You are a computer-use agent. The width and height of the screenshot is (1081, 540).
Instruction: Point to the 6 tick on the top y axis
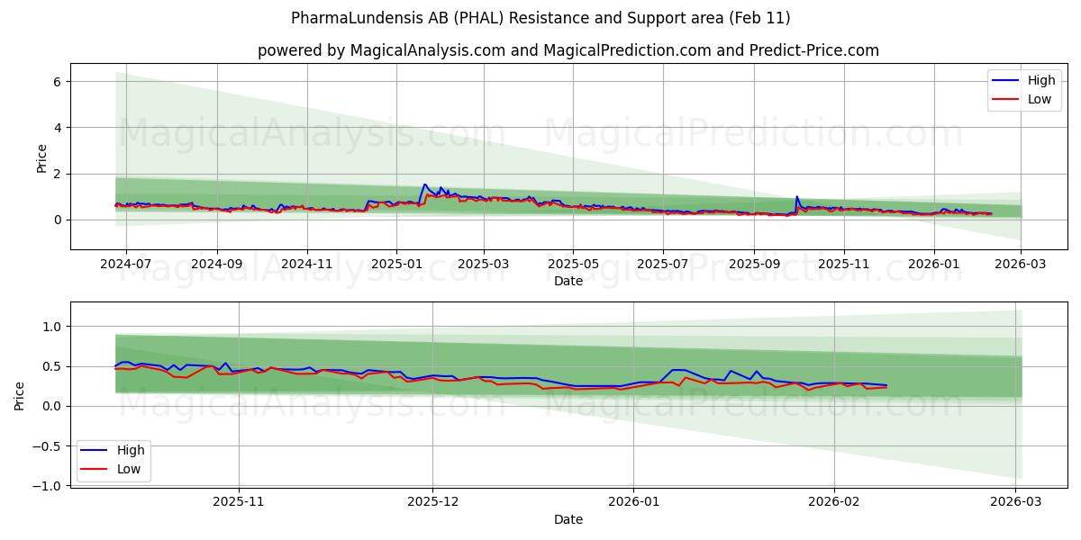pos(58,82)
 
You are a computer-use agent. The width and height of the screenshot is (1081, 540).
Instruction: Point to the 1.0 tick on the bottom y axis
pos(52,327)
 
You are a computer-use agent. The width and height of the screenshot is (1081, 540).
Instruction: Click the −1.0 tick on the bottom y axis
pos(49,486)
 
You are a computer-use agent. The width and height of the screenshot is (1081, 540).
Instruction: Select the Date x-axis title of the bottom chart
pos(568,519)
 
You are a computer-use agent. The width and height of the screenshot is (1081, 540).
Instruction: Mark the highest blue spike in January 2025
pos(424,184)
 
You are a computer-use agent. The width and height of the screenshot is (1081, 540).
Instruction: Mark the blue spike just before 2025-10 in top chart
pos(796,196)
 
